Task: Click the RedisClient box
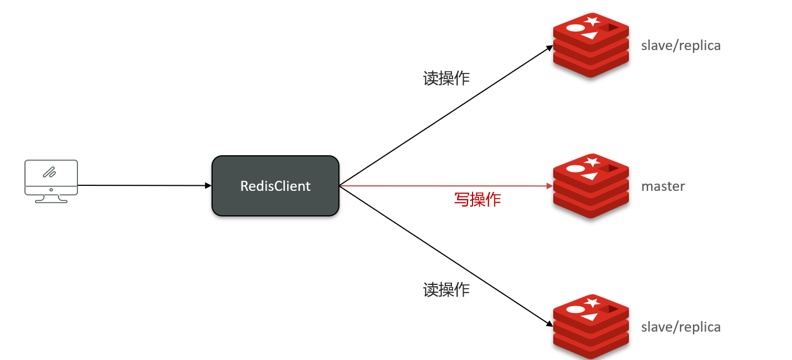point(276,186)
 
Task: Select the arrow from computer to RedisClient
point(145,185)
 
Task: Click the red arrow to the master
point(445,186)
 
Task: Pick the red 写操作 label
point(478,200)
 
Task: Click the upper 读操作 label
point(446,78)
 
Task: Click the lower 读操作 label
point(446,289)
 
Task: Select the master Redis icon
point(591,186)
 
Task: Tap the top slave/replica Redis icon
point(591,46)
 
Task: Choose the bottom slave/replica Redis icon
point(591,327)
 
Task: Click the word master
point(663,186)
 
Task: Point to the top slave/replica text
point(681,46)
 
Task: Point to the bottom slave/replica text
point(681,327)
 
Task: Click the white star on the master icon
point(592,162)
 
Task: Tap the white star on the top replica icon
point(592,21)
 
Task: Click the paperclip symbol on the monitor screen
point(51,171)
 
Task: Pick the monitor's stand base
point(51,201)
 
